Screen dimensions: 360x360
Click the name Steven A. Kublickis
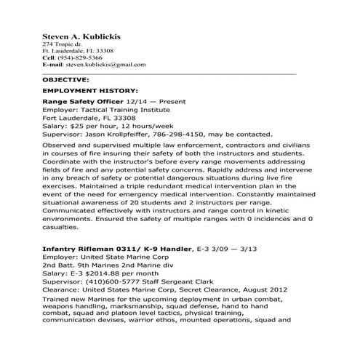(x=81, y=36)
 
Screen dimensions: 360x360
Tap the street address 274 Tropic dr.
(x=63, y=44)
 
